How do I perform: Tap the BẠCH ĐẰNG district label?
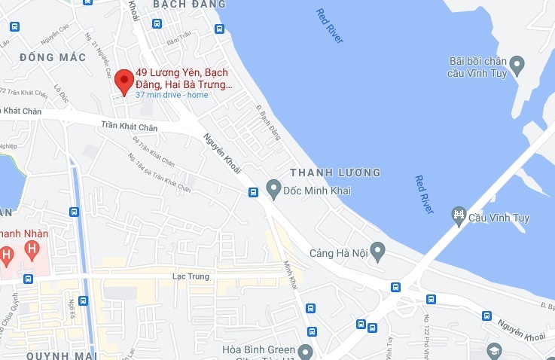coord(184,5)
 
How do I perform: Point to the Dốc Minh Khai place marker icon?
coord(273,188)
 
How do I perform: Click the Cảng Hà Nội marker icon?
coord(379,249)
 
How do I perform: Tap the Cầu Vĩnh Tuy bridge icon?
coord(459,218)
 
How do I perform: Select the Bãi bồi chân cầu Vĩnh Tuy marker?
coord(516,66)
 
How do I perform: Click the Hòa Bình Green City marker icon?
coord(304,351)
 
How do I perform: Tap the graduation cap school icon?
coord(494,350)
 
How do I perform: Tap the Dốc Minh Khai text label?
coord(311,189)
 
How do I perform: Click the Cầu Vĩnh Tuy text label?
coord(500,219)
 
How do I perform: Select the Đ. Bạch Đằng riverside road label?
coord(269,123)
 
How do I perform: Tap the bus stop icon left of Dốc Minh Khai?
coord(254,193)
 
